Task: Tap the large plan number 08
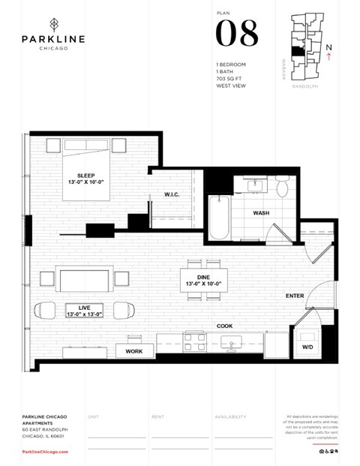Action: [x=237, y=34]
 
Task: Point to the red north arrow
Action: [x=329, y=54]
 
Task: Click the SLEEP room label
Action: [x=86, y=177]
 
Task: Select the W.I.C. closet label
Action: [x=172, y=195]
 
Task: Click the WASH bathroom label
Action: [x=261, y=213]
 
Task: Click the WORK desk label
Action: [x=134, y=350]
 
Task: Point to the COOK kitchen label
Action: [x=223, y=326]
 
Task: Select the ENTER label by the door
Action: [x=295, y=296]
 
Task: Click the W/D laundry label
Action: [x=307, y=347]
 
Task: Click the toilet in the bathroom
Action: [x=282, y=186]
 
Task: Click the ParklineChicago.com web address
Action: [x=46, y=452]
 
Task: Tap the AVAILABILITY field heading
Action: [x=230, y=416]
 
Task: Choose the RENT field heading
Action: [x=158, y=416]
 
